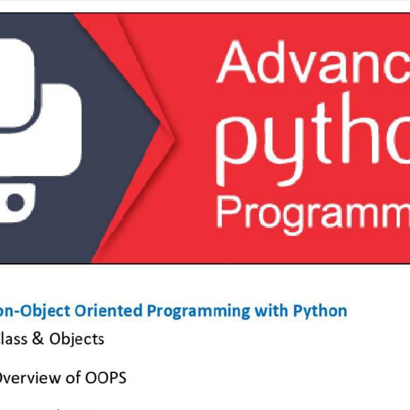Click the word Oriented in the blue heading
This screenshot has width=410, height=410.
pyautogui.click(x=108, y=311)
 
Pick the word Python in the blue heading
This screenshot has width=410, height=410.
pyautogui.click(x=320, y=311)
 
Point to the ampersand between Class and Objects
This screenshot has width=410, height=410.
pyautogui.click(x=38, y=339)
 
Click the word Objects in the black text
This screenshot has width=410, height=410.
pyautogui.click(x=77, y=339)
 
